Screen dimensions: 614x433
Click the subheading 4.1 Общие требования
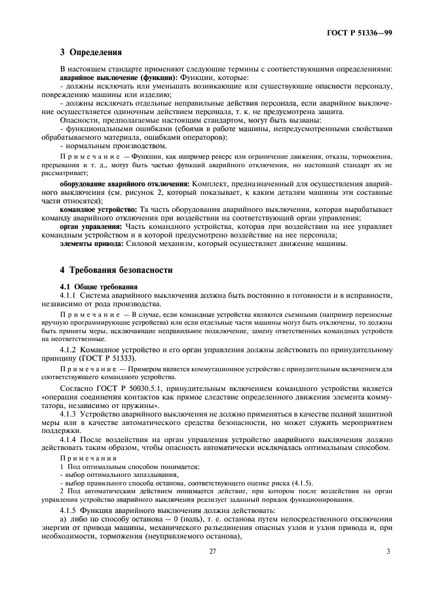(x=99, y=287)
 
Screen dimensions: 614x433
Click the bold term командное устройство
(x=98, y=209)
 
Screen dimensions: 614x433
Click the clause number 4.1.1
(x=70, y=295)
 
